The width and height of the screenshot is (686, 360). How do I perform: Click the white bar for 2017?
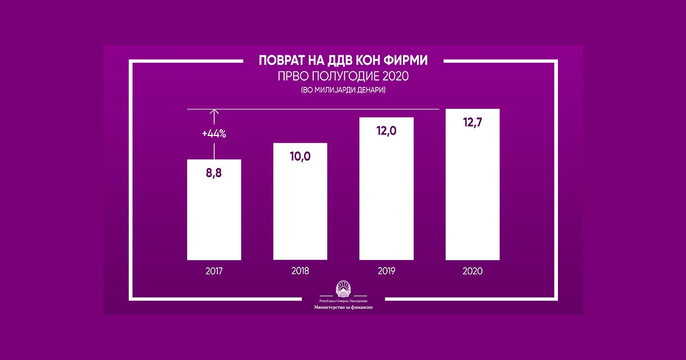[214, 210]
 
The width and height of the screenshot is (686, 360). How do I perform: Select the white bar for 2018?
[300, 201]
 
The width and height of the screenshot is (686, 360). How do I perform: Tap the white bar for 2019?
[386, 189]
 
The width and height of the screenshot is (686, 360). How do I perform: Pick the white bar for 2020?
[473, 184]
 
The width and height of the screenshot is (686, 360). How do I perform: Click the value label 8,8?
[214, 173]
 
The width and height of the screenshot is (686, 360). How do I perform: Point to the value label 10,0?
[300, 157]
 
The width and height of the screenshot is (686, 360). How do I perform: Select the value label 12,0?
[386, 131]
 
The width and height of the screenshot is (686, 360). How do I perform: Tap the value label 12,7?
[473, 122]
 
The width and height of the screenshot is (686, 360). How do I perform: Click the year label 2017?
[214, 271]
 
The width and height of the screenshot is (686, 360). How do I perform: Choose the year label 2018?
[300, 271]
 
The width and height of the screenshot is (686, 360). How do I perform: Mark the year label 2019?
[386, 271]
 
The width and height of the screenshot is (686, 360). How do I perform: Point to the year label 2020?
[473, 271]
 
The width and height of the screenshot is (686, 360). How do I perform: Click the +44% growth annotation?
[214, 134]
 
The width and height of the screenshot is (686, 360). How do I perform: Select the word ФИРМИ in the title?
[405, 61]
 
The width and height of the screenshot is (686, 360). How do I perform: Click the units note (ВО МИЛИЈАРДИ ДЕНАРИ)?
[343, 90]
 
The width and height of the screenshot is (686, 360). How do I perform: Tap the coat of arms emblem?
[344, 289]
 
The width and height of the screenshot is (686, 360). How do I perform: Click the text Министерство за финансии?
[344, 307]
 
